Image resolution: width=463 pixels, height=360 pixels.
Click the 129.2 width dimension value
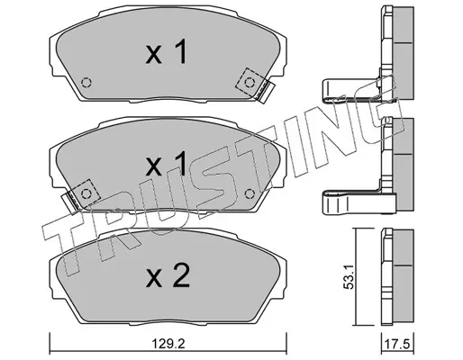pyautogui.click(x=168, y=344)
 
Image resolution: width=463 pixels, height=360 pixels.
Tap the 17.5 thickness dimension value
pyautogui.click(x=397, y=344)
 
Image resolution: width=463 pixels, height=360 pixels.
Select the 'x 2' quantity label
pyautogui.click(x=168, y=275)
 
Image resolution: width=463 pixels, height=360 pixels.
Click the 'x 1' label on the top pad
pyautogui.click(x=166, y=52)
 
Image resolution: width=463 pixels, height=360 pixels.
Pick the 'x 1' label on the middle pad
pyautogui.click(x=166, y=164)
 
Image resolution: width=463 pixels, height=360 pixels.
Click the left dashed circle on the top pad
pyautogui.click(x=86, y=82)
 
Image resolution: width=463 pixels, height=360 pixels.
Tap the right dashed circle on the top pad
pyautogui.click(x=250, y=82)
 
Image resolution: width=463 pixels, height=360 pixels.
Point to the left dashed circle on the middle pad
pyautogui.click(x=86, y=193)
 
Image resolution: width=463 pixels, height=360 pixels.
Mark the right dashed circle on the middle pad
pyautogui.click(x=250, y=193)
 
